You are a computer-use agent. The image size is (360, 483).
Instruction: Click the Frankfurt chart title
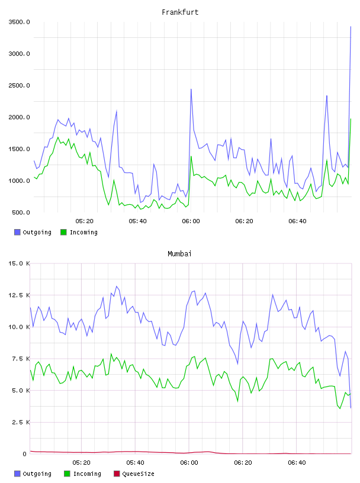click(180, 12)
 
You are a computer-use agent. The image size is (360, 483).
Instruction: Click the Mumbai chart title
click(179, 254)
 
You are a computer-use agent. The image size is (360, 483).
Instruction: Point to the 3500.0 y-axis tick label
click(19, 22)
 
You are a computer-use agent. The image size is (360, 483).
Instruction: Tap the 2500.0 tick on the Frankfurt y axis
click(19, 85)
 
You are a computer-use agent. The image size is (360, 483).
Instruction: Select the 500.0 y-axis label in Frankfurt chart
click(21, 212)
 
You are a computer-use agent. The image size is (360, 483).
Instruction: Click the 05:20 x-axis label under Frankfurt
click(84, 221)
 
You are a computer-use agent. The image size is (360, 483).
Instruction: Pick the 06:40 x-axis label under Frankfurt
click(297, 221)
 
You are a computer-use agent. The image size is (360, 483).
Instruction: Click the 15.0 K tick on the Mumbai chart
click(19, 263)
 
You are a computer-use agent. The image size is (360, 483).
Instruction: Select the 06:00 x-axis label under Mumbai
click(189, 463)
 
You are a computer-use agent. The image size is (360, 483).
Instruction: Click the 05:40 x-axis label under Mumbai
click(135, 463)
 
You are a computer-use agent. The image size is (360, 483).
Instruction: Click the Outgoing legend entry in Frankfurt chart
click(33, 232)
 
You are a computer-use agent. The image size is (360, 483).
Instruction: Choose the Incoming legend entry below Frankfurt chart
click(79, 232)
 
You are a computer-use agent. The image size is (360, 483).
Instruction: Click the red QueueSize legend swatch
click(117, 474)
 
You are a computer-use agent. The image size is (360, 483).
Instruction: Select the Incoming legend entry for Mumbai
click(82, 474)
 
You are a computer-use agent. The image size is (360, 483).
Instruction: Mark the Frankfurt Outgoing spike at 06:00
click(191, 89)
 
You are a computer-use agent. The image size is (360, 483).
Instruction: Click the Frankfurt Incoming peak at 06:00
click(191, 156)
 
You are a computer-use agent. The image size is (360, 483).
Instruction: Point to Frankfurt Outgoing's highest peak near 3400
click(351, 27)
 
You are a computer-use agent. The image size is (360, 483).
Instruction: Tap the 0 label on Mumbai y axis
click(24, 454)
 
